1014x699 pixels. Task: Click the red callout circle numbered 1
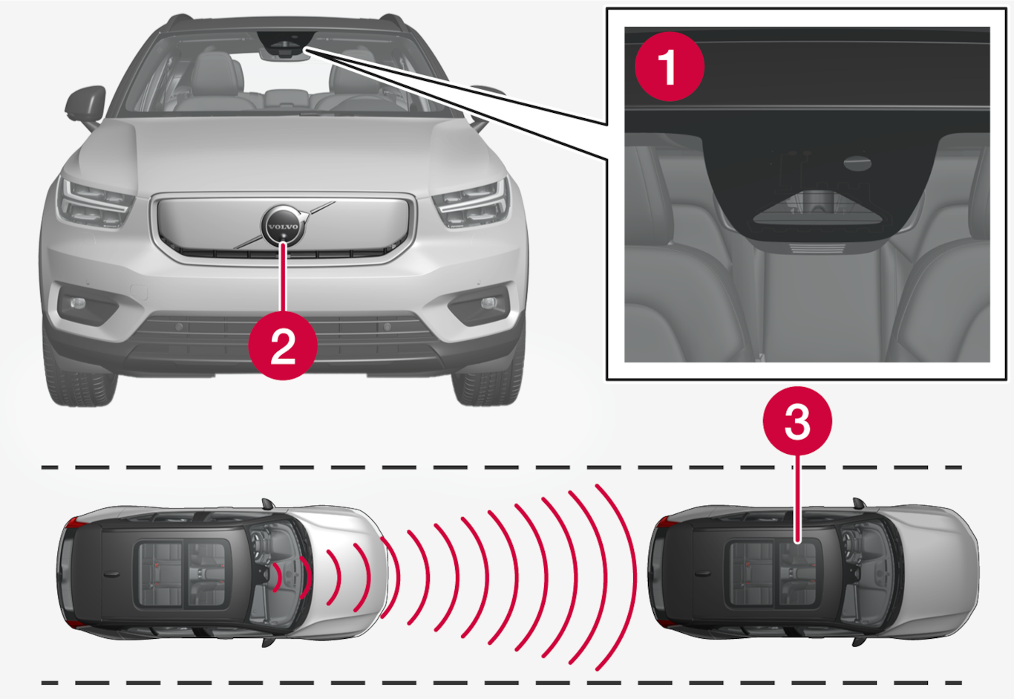(x=670, y=67)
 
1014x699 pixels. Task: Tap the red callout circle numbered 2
(x=283, y=345)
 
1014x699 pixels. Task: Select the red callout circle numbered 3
(x=797, y=421)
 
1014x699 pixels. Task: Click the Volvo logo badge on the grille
(x=284, y=226)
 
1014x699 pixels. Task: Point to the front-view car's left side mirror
(x=85, y=106)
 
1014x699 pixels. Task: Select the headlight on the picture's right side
(x=471, y=204)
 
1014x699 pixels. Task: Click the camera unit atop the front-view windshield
(x=284, y=45)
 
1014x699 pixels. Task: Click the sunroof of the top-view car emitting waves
(x=183, y=573)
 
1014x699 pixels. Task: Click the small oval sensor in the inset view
(x=858, y=163)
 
